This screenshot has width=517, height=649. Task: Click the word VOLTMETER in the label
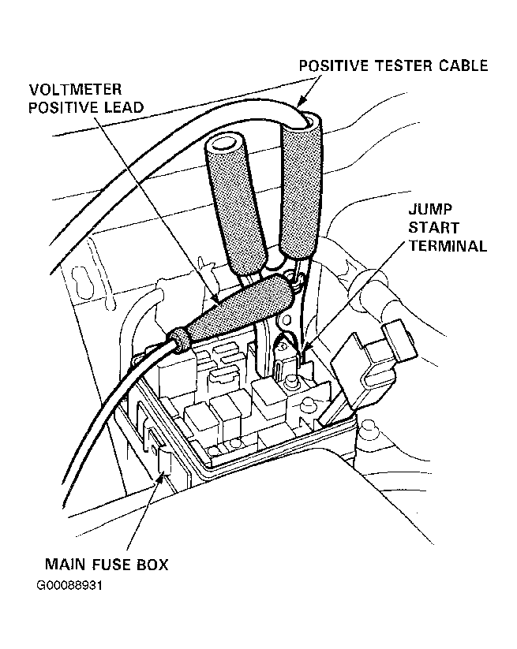point(76,89)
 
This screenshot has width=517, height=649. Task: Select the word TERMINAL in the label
point(448,246)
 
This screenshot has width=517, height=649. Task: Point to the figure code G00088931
point(69,586)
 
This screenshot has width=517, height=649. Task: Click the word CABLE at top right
point(463,65)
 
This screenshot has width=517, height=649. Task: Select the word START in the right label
point(434,228)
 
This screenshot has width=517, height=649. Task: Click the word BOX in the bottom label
point(154,564)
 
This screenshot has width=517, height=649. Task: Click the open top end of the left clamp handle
point(226,146)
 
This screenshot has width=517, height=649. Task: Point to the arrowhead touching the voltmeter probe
point(216,298)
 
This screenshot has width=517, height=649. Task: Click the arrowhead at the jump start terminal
point(306,348)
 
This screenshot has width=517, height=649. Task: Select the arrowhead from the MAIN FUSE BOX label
point(162,481)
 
